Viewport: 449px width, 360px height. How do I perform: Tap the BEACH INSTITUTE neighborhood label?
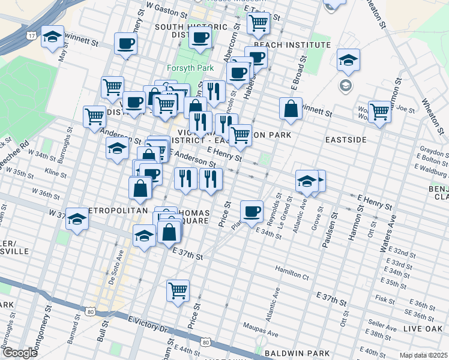[284, 44]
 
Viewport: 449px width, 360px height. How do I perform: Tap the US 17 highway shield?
[31, 36]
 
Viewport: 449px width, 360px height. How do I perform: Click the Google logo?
[19, 353]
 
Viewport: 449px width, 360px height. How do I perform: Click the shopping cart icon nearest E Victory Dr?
[178, 290]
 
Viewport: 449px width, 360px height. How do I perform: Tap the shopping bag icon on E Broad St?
[291, 109]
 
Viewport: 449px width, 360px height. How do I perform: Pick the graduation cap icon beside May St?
[53, 37]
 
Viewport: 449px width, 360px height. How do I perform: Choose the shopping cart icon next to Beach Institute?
[258, 23]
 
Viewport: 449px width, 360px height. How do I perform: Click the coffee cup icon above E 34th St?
[252, 211]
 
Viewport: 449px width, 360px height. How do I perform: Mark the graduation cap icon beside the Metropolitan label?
[77, 220]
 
